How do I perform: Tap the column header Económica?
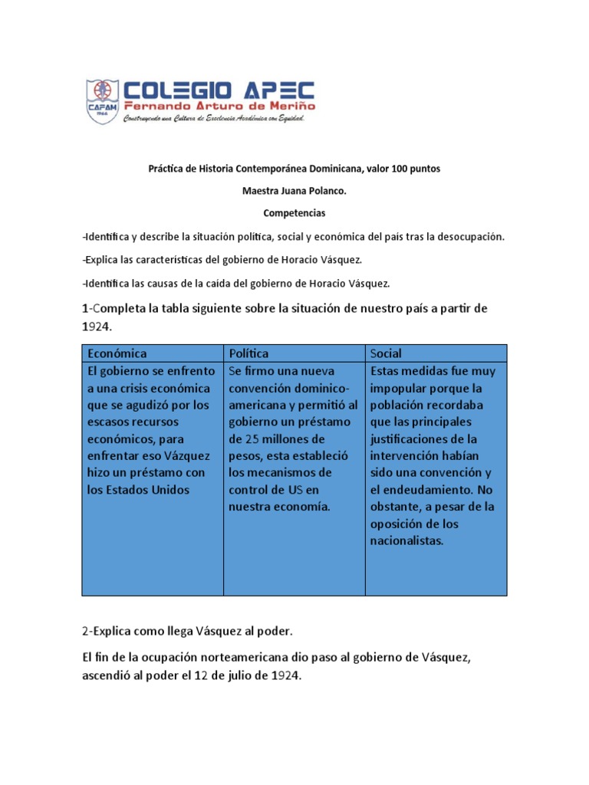coord(117,353)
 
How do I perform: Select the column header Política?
coord(248,353)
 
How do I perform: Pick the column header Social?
coord(386,353)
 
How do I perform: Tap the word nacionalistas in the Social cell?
coord(406,540)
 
